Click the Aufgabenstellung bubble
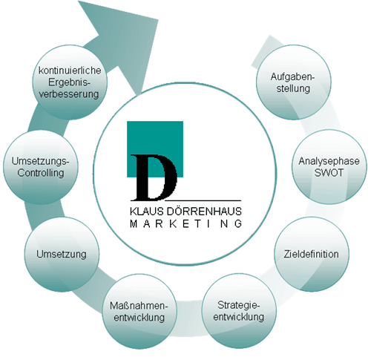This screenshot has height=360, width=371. [x=294, y=82]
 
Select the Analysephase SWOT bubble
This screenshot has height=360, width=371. [x=329, y=167]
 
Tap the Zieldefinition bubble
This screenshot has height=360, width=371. [x=312, y=254]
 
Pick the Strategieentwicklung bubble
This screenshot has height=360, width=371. [x=239, y=311]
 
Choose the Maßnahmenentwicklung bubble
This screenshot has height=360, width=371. [x=139, y=312]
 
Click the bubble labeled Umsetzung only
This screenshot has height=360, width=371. [x=62, y=255]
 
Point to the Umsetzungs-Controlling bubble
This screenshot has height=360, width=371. [x=41, y=167]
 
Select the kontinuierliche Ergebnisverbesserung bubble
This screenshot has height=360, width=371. [x=70, y=82]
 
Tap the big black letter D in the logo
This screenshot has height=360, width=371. [x=154, y=177]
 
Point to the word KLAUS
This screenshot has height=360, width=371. [x=147, y=212]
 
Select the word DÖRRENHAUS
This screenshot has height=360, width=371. [x=204, y=212]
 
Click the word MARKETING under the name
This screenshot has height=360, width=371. [x=186, y=223]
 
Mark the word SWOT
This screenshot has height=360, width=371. [x=329, y=172]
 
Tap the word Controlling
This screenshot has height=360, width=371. [x=41, y=173]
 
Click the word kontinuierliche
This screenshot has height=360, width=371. [x=70, y=71]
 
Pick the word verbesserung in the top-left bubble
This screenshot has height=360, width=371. [x=69, y=94]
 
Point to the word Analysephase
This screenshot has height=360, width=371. [x=329, y=161]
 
